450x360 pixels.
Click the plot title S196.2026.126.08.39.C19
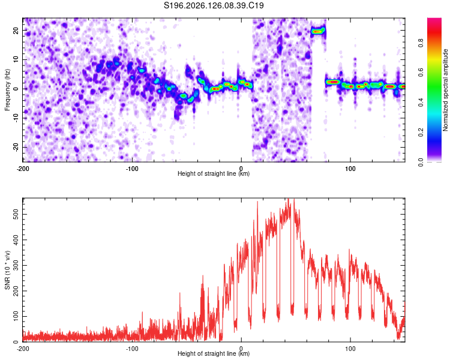(214, 5)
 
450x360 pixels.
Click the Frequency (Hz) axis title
(7, 90)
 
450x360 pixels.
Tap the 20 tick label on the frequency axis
(16, 30)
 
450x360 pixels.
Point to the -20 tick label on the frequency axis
(16, 147)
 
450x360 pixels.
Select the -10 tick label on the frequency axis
(16, 118)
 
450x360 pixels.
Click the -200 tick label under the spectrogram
(23, 169)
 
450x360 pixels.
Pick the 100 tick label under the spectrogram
(350, 169)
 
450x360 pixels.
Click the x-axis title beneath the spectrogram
(214, 173)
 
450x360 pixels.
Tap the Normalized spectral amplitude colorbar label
(445, 90)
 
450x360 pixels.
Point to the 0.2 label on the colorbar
(421, 133)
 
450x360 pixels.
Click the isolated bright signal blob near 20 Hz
(317, 31)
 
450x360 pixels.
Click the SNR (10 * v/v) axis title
(7, 270)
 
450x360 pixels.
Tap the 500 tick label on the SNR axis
(16, 214)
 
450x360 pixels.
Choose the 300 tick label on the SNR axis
(16, 265)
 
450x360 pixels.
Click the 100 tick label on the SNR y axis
(16, 316)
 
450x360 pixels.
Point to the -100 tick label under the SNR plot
(132, 349)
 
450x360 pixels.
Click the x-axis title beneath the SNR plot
(214, 353)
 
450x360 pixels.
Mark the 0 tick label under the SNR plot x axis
(241, 349)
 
